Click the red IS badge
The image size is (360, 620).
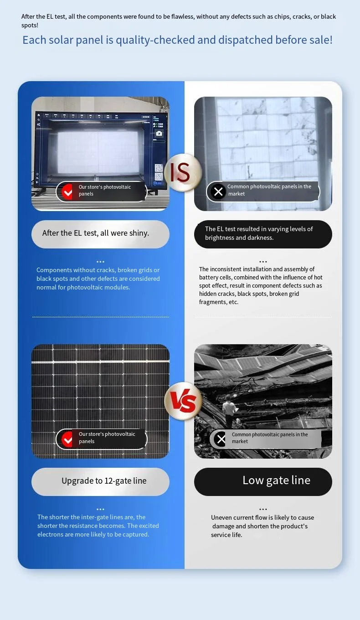[183, 172]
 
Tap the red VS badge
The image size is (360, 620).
[183, 401]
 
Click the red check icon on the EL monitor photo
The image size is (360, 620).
[67, 191]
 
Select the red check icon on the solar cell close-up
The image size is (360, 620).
[67, 439]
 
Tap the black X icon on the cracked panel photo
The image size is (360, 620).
[218, 191]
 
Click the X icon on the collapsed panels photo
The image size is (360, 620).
[221, 439]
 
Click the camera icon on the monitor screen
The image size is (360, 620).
[159, 134]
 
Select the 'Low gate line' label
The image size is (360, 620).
[277, 480]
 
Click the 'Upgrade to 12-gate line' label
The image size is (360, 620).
[104, 481]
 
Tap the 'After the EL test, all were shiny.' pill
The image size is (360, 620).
[100, 234]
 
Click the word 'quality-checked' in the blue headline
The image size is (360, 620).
[155, 40]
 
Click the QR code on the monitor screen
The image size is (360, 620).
[159, 168]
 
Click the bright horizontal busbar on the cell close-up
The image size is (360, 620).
[100, 362]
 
